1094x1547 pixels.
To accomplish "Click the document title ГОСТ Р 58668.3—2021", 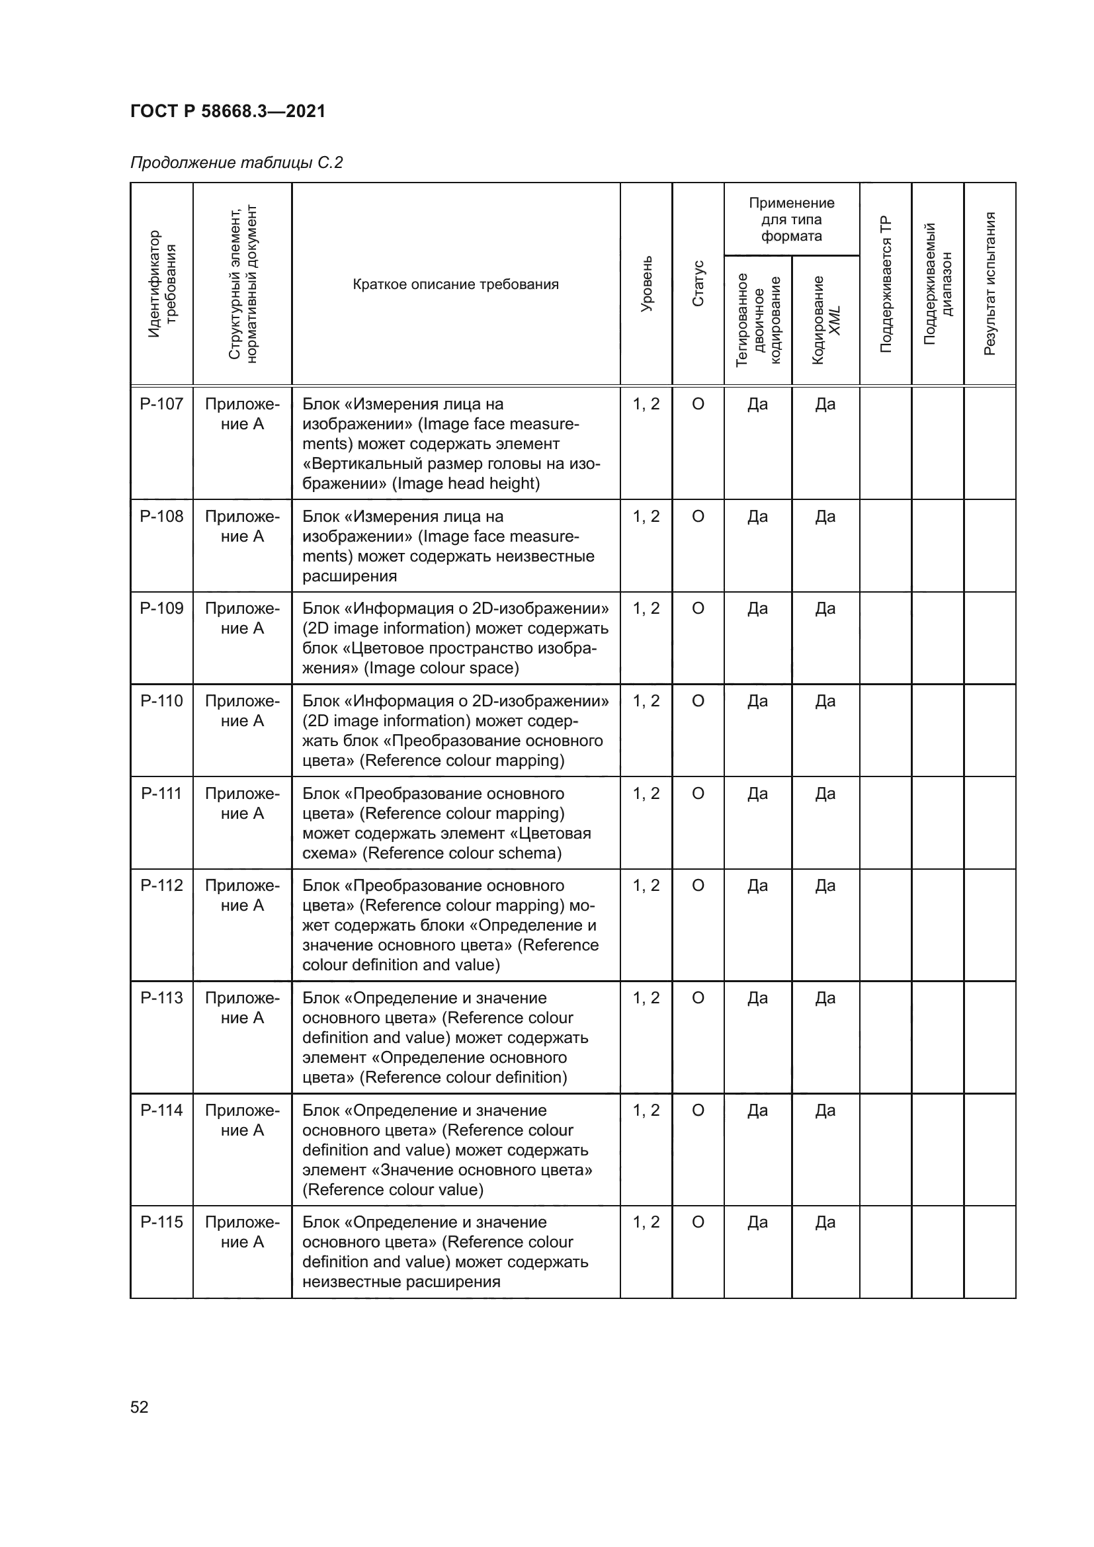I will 228,111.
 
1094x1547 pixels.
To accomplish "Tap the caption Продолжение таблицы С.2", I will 236,163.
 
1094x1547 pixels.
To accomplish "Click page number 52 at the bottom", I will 140,1407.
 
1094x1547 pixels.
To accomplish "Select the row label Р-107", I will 161,404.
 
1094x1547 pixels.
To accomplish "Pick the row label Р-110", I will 161,701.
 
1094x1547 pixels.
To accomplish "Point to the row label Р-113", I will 161,998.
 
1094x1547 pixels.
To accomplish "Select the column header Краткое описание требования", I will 455,284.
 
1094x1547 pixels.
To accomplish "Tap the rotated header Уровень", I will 646,284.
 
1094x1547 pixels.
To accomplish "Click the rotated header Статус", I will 698,284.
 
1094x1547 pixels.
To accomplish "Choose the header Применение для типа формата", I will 792,220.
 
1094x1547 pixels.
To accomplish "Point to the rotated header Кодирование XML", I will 826,320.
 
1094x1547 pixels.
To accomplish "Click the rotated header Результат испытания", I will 989,284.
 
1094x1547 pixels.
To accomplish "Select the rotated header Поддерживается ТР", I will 885,284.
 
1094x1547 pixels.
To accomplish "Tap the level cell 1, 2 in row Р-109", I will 646,608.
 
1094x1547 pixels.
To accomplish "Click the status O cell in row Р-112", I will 698,886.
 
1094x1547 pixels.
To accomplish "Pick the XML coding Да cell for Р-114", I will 825,1110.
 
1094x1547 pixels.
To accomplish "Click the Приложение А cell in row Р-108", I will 242,526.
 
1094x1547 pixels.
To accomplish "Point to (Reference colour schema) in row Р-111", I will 462,854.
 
